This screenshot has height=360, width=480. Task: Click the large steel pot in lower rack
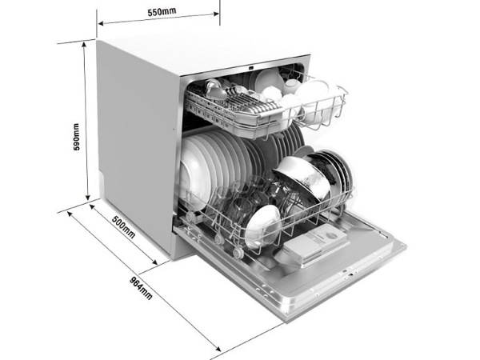click(302, 178)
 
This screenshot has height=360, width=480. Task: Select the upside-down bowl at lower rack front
click(262, 224)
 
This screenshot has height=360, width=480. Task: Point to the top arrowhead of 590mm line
click(86, 43)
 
